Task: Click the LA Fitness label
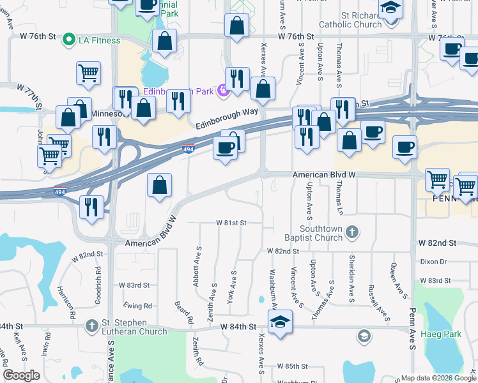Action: coord(99,41)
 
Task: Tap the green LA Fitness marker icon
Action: coord(69,41)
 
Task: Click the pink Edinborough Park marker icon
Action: coord(222,91)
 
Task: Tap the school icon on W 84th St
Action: coord(280,324)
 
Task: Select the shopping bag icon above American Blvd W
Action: coord(159,186)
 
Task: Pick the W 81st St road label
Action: coord(231,223)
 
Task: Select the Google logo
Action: coord(21,375)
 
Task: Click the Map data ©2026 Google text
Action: coord(438,378)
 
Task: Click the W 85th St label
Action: coord(293,367)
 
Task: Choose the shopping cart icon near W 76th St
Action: coord(88,73)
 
